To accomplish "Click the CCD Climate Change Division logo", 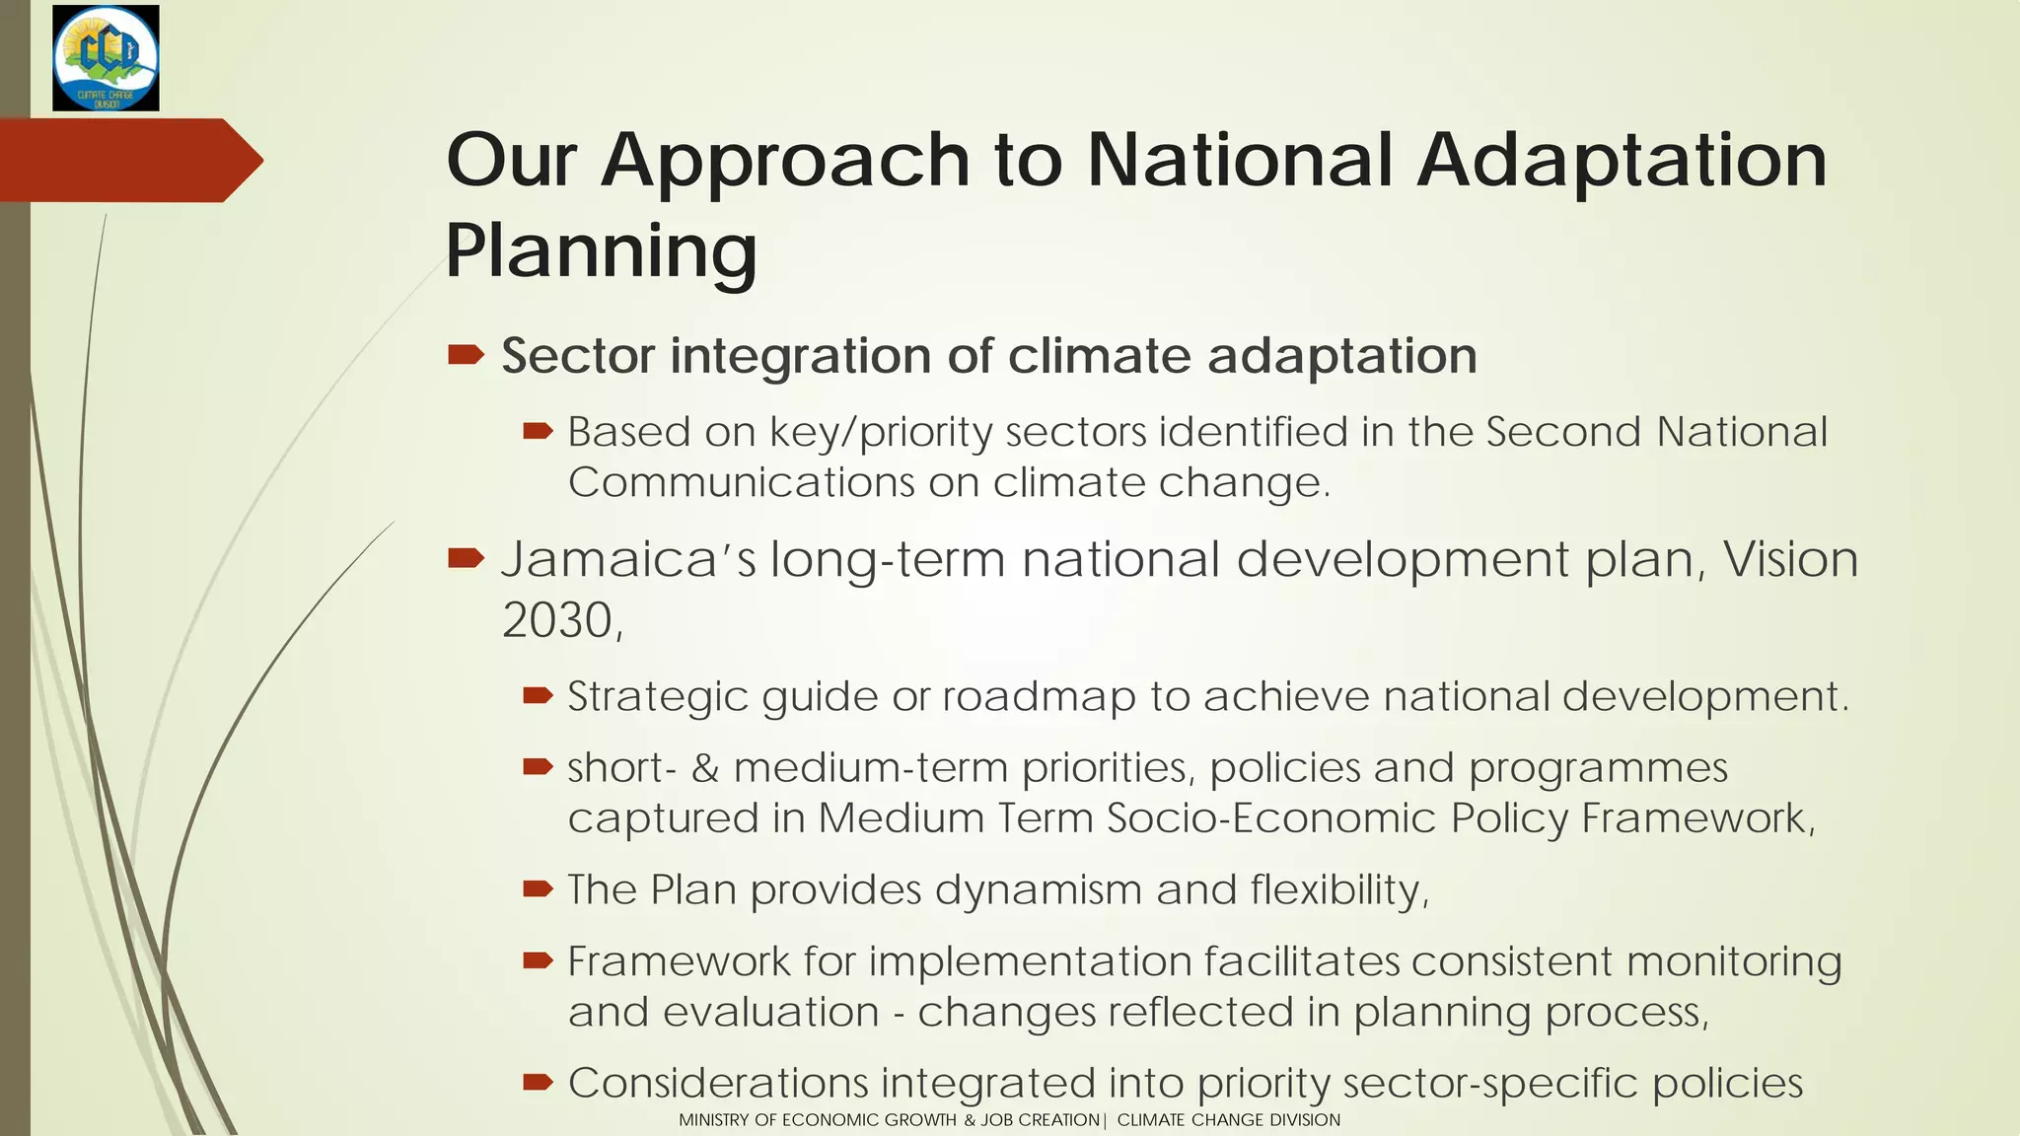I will click(106, 57).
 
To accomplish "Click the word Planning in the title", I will click(601, 251).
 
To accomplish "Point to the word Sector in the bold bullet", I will click(577, 356).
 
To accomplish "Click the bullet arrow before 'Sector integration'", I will click(466, 355).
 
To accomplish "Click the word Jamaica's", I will click(628, 560).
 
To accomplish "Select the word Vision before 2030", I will click(1789, 560).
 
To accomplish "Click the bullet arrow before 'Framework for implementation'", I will click(538, 960).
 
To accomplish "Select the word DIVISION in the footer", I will click(1304, 1120).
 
